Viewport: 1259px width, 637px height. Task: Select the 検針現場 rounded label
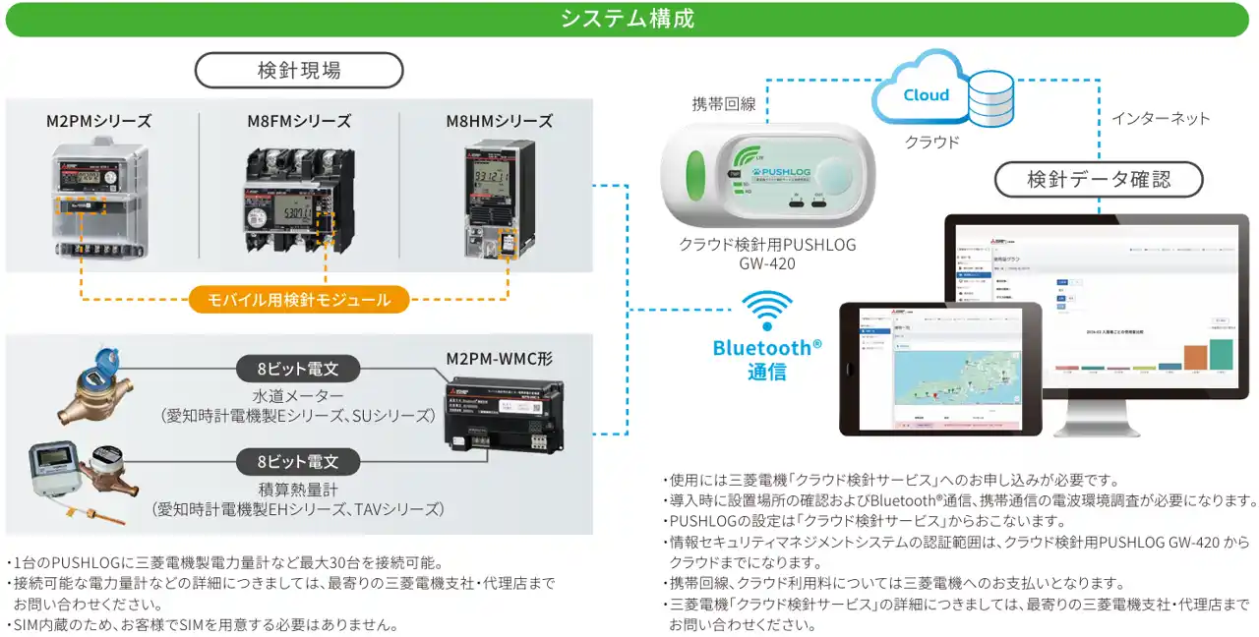click(x=299, y=71)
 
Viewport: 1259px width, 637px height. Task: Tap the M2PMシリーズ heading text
click(x=98, y=122)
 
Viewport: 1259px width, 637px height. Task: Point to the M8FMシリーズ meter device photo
click(x=299, y=200)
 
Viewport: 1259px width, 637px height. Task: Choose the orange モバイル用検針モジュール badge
click(x=299, y=300)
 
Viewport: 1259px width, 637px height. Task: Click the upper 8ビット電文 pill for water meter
click(x=298, y=370)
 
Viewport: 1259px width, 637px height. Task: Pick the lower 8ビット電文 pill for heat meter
click(x=298, y=460)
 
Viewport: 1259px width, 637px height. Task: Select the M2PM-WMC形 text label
click(x=500, y=359)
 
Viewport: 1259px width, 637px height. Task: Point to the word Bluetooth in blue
click(x=761, y=348)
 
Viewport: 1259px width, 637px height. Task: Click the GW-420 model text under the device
click(x=767, y=264)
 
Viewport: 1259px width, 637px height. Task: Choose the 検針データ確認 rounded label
click(x=1099, y=180)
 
